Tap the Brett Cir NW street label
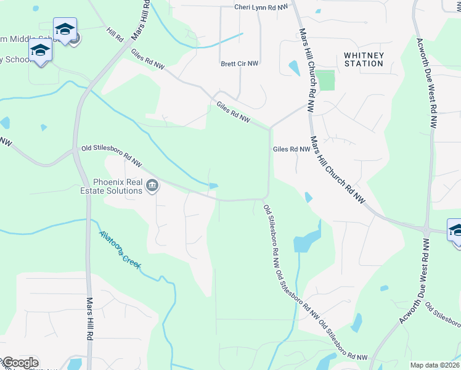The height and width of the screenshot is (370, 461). tap(240, 64)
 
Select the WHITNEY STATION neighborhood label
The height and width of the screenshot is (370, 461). tap(364, 59)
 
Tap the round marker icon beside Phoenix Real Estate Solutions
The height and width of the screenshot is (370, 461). tap(152, 185)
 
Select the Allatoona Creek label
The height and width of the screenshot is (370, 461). tap(120, 249)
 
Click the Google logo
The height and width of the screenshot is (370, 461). tap(20, 363)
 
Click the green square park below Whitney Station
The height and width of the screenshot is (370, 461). tap(326, 80)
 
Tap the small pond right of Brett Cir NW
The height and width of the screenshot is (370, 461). tap(293, 65)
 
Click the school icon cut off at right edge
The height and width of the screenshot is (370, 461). tap(456, 231)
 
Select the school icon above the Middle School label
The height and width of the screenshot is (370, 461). tap(65, 29)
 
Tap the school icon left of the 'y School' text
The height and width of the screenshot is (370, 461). tap(40, 50)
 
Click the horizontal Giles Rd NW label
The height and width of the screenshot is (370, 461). tap(291, 149)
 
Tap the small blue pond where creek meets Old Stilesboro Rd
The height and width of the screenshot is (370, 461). tap(213, 186)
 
